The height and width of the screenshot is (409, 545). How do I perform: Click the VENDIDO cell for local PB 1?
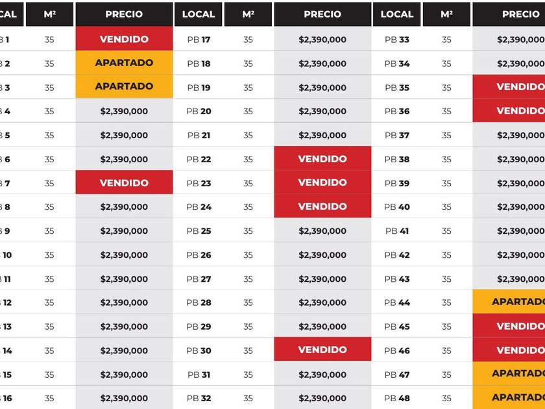(x=124, y=39)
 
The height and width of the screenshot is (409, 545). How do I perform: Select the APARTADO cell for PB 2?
(x=124, y=63)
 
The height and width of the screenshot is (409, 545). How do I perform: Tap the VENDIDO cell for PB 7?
(x=124, y=183)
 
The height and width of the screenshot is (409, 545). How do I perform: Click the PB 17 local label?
(x=199, y=40)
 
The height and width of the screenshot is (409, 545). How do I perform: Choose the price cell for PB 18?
(x=322, y=64)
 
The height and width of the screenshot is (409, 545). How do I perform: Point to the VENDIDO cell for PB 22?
(x=322, y=159)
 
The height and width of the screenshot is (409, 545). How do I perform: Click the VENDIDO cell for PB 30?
(x=322, y=350)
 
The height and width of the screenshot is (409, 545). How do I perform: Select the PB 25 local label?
(x=199, y=231)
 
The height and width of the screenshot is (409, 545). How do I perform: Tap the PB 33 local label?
(x=397, y=40)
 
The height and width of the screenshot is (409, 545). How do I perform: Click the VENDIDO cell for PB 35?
(x=513, y=87)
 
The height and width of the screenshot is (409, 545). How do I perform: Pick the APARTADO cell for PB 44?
(x=513, y=302)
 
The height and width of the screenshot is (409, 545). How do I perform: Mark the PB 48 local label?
(x=397, y=398)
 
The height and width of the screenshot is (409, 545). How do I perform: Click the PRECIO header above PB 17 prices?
(x=322, y=14)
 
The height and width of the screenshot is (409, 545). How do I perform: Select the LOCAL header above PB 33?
(x=397, y=14)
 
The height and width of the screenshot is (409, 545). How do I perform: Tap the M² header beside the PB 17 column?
(x=248, y=14)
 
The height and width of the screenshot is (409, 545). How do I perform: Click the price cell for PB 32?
(x=322, y=398)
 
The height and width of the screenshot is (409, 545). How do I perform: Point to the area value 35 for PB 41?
(x=446, y=231)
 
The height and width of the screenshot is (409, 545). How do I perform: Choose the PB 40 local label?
(x=397, y=207)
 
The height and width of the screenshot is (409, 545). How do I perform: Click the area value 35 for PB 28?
(x=248, y=303)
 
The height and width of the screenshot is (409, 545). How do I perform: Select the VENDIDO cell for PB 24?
(x=322, y=206)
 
